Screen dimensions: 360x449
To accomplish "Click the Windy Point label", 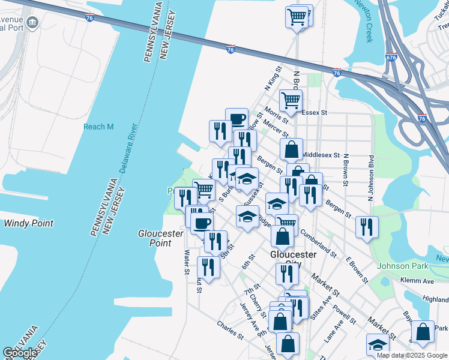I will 28,223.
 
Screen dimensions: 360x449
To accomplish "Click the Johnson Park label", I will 400,266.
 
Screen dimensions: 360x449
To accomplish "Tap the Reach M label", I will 98,127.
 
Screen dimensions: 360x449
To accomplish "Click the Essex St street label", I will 315,112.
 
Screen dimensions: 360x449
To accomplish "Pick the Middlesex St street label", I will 321,154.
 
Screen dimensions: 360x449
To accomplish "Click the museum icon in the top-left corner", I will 32,23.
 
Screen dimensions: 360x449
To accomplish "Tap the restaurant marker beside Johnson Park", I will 366,226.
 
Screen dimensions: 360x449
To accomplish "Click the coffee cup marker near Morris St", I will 237,117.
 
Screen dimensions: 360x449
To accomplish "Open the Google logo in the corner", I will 20,353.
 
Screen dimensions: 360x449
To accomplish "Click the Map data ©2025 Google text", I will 411,355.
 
